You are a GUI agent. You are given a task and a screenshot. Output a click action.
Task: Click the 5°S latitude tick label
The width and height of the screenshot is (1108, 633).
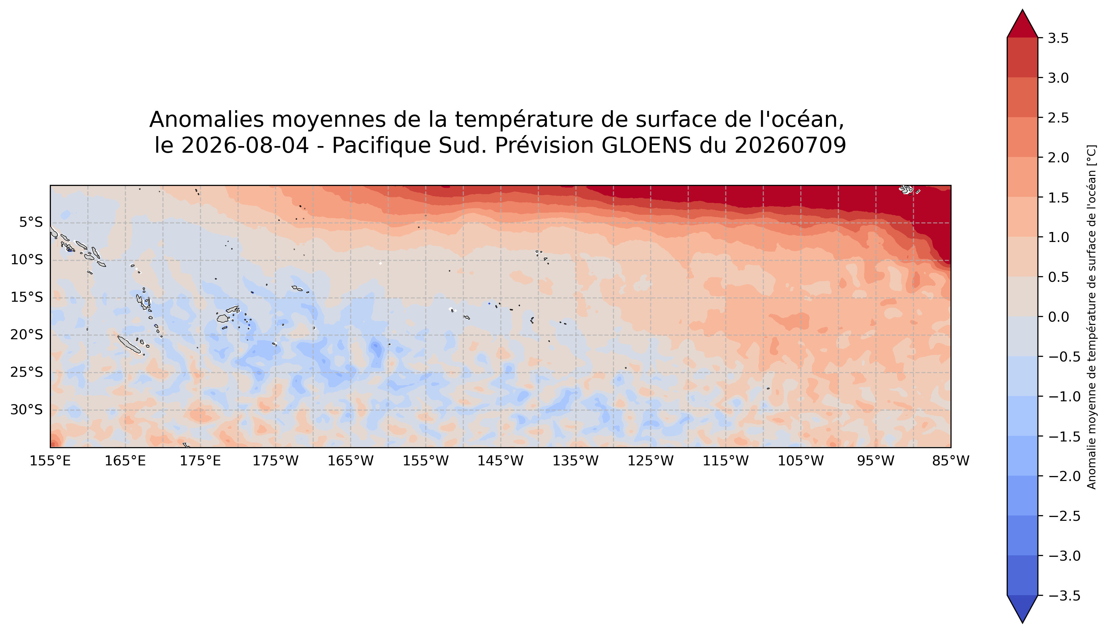click(31, 223)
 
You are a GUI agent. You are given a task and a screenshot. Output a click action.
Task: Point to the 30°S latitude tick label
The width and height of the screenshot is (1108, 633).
click(27, 410)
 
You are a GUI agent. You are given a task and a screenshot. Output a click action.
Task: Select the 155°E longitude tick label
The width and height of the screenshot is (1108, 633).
click(50, 461)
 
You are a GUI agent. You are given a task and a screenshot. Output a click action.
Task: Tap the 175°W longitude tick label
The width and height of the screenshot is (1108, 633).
click(275, 461)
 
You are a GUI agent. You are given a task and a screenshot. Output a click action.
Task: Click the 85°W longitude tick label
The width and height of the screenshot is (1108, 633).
click(951, 461)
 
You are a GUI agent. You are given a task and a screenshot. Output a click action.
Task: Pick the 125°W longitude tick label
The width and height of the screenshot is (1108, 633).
click(651, 461)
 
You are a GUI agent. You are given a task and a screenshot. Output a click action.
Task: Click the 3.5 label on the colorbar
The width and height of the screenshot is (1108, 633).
click(1058, 38)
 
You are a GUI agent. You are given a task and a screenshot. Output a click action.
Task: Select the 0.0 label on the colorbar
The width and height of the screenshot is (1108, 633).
click(1058, 317)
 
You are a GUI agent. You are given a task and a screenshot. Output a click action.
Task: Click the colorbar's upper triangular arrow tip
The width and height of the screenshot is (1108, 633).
click(1022, 10)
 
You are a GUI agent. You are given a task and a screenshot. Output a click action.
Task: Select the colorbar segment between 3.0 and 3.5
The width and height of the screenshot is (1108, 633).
click(1022, 58)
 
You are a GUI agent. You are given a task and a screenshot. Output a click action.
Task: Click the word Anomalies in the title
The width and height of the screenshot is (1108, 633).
click(207, 119)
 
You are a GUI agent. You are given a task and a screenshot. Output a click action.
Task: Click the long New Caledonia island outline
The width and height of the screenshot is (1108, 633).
click(129, 344)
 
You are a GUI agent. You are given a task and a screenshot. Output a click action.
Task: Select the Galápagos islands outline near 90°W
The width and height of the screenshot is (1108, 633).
click(907, 190)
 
